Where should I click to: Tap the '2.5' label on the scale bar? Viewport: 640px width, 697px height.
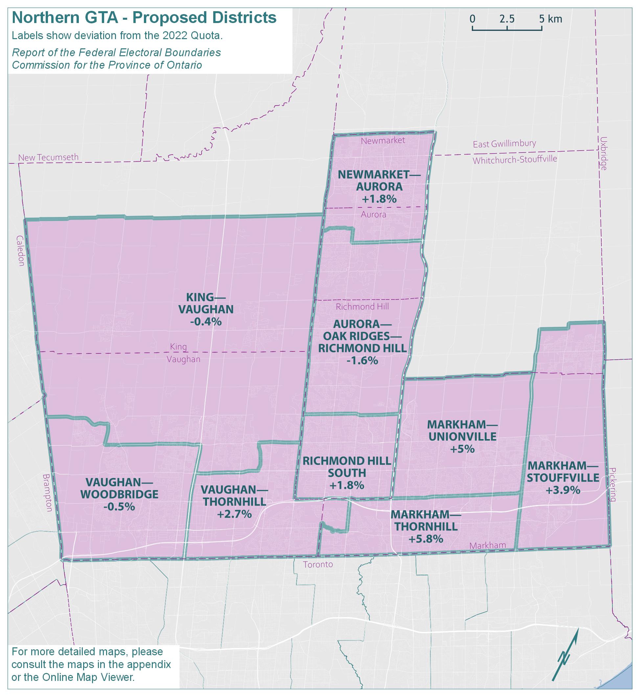(507, 19)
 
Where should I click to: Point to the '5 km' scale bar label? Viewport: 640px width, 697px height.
(551, 19)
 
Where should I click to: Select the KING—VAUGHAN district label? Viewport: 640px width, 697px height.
(206, 303)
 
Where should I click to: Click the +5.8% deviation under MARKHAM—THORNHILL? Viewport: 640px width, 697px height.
(426, 539)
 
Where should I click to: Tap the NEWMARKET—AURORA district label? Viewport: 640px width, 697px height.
(379, 180)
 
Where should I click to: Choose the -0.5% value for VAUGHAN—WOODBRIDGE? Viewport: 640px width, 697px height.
(119, 507)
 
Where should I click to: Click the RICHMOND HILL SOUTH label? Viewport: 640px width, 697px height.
(347, 467)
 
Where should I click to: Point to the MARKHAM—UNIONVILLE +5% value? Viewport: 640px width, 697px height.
(462, 449)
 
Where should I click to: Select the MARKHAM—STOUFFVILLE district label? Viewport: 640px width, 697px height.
(563, 472)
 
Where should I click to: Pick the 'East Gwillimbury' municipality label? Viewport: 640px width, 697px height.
(505, 143)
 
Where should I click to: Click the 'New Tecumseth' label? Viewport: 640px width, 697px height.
(49, 157)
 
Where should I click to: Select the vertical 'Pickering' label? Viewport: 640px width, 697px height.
(612, 485)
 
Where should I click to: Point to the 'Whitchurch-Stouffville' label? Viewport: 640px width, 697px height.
(515, 159)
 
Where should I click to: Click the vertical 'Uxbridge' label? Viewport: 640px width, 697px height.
(604, 154)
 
